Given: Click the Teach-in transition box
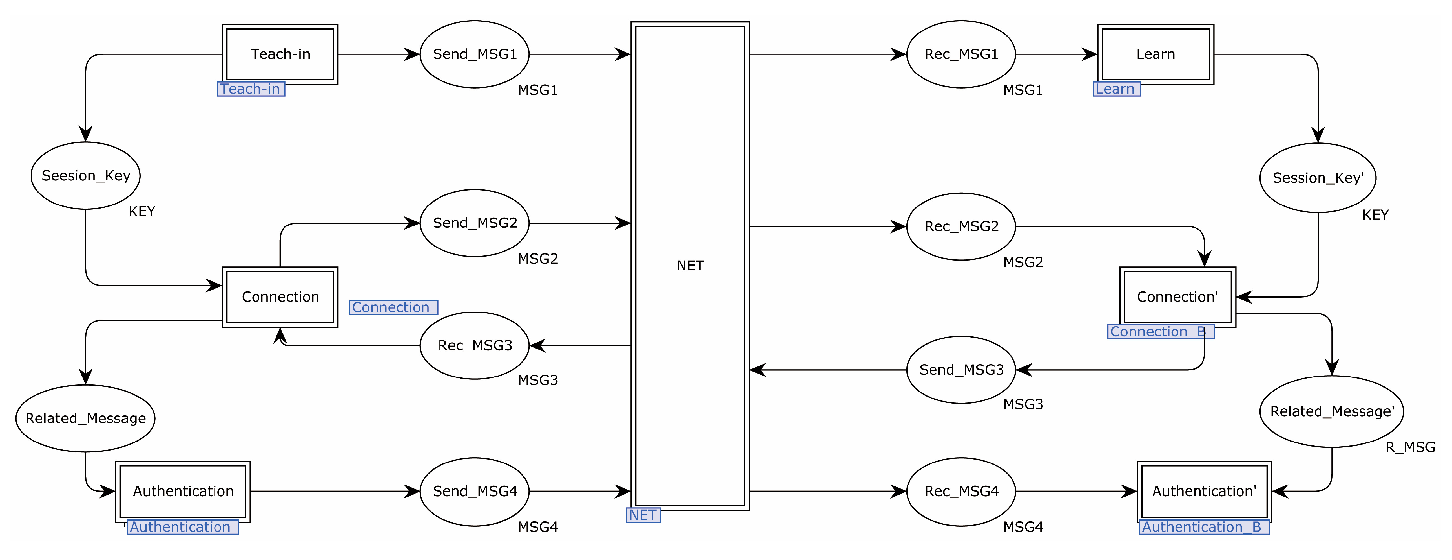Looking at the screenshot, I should click(x=280, y=54).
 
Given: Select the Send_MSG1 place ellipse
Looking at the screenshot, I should click(x=475, y=54).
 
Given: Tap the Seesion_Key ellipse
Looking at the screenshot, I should click(x=86, y=175).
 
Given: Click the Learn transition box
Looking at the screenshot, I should click(x=1155, y=54).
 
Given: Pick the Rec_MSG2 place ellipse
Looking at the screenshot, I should click(x=961, y=226).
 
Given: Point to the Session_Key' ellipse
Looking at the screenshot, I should click(x=1318, y=178).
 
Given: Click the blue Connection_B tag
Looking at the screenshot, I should click(x=1161, y=332).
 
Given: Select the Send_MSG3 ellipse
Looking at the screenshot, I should click(x=961, y=369).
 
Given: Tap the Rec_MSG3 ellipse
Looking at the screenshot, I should click(x=475, y=345).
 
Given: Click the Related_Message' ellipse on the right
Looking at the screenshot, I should click(x=1331, y=411).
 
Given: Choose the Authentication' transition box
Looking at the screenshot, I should click(x=1204, y=491).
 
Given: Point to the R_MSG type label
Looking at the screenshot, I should click(x=1410, y=447).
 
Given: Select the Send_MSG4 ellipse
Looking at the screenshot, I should click(x=475, y=491).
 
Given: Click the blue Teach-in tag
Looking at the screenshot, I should click(x=251, y=89).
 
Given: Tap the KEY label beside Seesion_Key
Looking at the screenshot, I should click(x=141, y=211).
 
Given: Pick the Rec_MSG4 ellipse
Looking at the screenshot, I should click(x=961, y=491).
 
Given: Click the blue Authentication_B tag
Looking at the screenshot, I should click(x=1204, y=527).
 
